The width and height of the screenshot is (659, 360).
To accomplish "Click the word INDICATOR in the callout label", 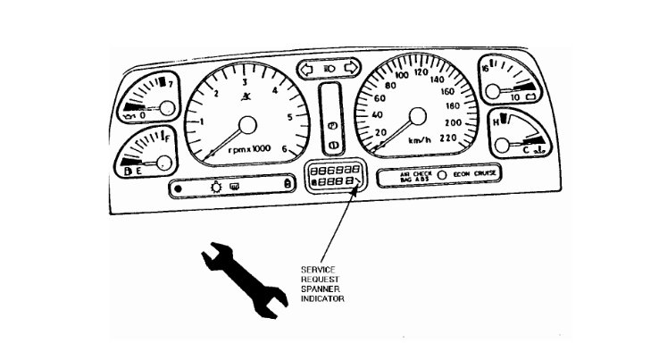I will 322,298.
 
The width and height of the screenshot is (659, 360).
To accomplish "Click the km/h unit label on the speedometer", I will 420,141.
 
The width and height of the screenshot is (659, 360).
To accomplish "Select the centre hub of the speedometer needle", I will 414,116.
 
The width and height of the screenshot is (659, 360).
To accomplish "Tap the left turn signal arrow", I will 308,67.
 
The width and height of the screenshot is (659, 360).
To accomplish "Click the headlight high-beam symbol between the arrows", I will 329,67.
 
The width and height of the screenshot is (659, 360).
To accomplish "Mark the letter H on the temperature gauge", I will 496,119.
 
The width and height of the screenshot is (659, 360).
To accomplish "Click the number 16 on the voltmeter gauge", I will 488,67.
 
